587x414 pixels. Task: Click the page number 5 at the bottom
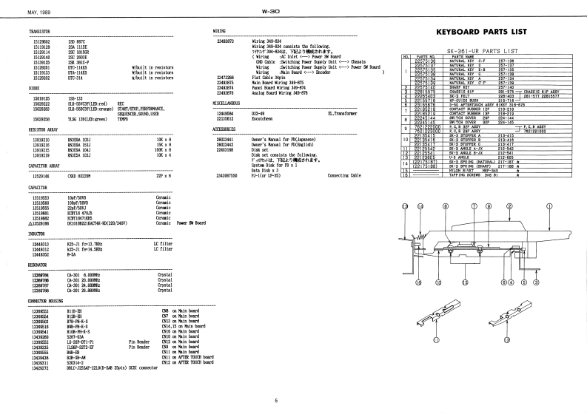[x=276, y=401]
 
